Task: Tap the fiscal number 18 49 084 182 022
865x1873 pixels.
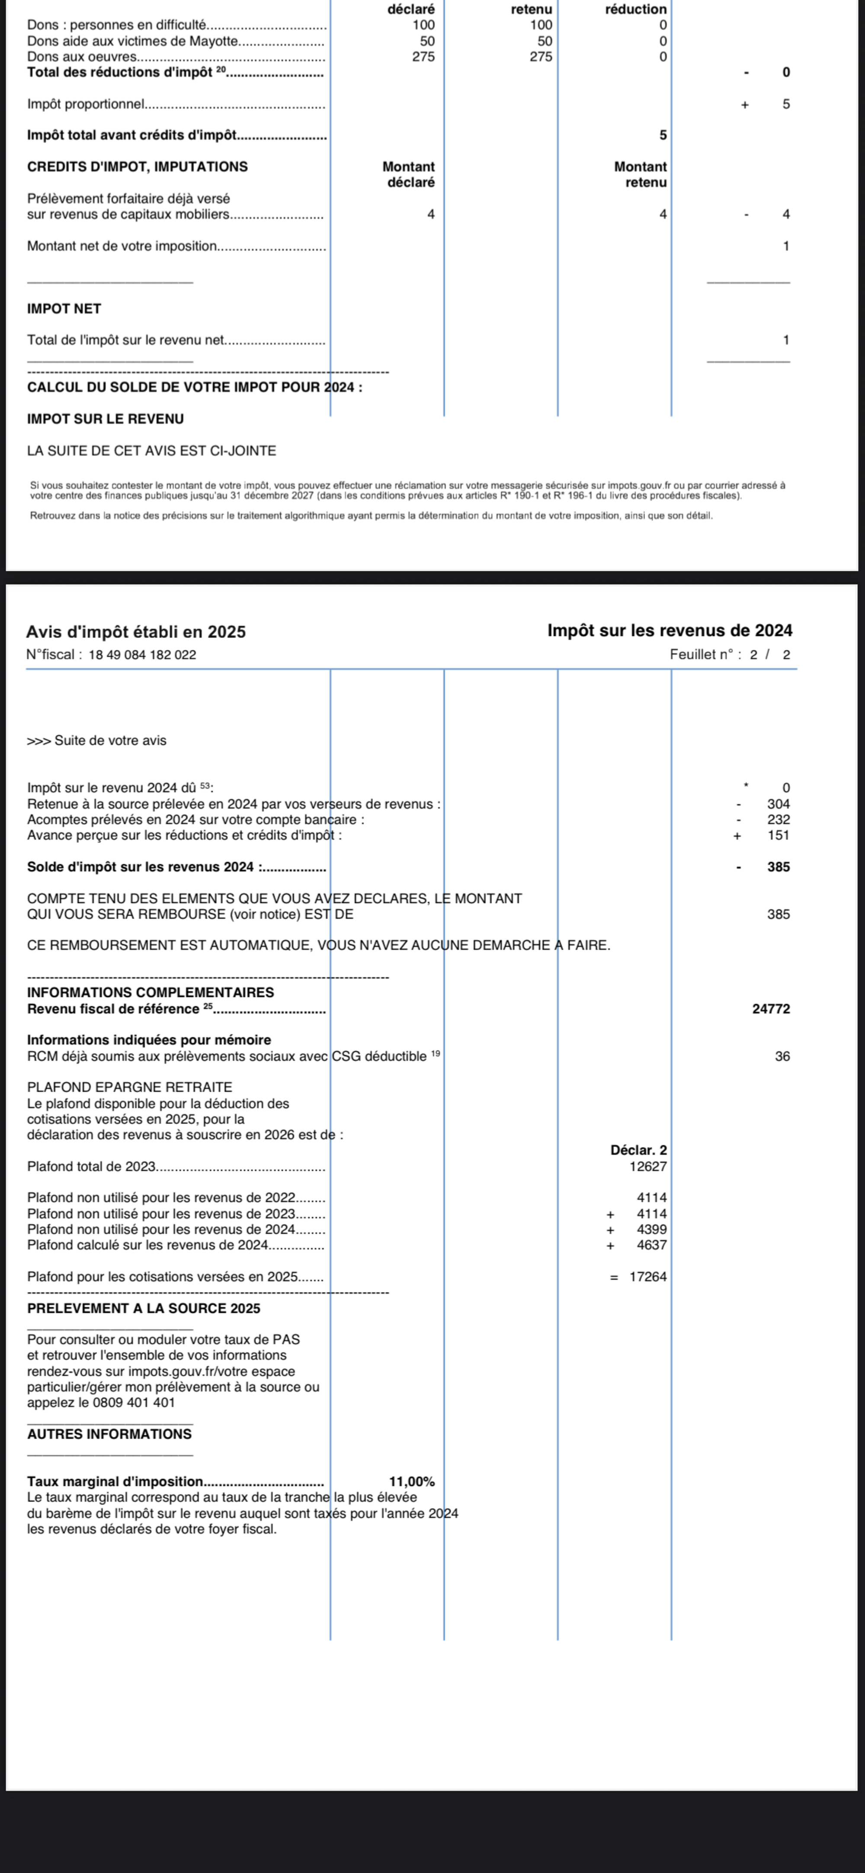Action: tap(142, 654)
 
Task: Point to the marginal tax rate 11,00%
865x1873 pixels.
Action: tap(412, 1481)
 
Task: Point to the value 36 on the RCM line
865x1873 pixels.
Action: tap(782, 1056)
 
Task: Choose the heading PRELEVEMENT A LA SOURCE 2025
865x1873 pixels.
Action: tap(143, 1308)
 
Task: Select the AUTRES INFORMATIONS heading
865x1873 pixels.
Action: tap(109, 1434)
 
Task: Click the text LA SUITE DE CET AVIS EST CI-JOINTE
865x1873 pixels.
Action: tap(151, 451)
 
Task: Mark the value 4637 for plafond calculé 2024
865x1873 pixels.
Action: tap(651, 1245)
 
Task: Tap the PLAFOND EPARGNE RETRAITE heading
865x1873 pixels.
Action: tap(129, 1087)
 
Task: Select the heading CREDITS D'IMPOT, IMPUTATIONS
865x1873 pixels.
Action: tap(138, 167)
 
